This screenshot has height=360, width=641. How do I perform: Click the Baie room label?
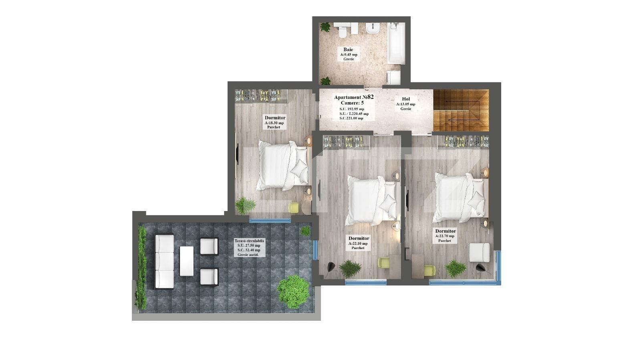[348, 50]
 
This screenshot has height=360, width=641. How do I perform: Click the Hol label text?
[406, 99]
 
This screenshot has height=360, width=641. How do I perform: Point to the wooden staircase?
[461, 110]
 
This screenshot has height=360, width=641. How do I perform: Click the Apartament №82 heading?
[354, 97]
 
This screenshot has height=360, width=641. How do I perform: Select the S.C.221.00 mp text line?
[351, 118]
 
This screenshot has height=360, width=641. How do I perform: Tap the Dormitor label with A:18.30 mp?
[275, 118]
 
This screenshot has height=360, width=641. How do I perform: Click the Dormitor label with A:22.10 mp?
[359, 238]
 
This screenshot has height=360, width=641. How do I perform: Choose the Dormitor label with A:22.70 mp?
[445, 231]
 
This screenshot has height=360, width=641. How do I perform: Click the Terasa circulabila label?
[249, 241]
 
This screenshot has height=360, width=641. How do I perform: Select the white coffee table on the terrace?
[187, 261]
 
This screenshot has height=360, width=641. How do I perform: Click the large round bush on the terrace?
[293, 291]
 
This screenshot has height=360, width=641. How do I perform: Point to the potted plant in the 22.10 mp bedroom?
[350, 267]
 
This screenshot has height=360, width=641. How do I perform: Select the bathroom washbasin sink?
[373, 28]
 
